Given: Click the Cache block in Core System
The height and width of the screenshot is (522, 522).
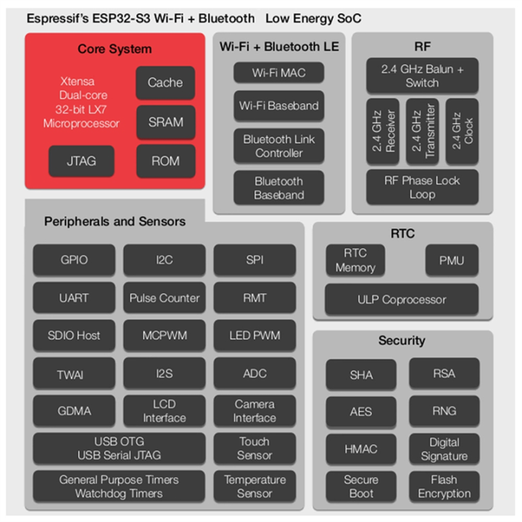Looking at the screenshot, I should point(165,83).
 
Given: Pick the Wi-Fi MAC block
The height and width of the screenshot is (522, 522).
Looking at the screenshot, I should point(279,72).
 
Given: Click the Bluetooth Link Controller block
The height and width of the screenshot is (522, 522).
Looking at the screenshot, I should point(279,146).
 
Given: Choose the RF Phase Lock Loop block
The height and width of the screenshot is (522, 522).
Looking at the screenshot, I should point(422,188).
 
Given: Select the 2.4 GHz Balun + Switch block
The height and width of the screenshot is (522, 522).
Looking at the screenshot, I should point(422,76).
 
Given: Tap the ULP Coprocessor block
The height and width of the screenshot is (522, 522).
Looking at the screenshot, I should point(402,299).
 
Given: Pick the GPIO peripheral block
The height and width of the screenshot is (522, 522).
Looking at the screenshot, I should point(74,259).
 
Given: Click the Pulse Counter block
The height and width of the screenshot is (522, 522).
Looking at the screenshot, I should point(165,297).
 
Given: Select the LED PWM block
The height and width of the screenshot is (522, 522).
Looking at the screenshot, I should point(254,336).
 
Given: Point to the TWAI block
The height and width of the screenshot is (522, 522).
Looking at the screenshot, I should point(74,374).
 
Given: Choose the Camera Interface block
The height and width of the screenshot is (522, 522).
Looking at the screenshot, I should point(254,411).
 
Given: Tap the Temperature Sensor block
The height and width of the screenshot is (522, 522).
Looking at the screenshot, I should point(254,486).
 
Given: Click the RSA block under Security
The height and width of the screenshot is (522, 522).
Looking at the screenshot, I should point(444,373).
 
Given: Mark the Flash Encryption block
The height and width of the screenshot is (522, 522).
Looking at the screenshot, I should point(444,486).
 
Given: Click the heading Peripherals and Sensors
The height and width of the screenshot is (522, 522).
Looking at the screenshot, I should point(115,221).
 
